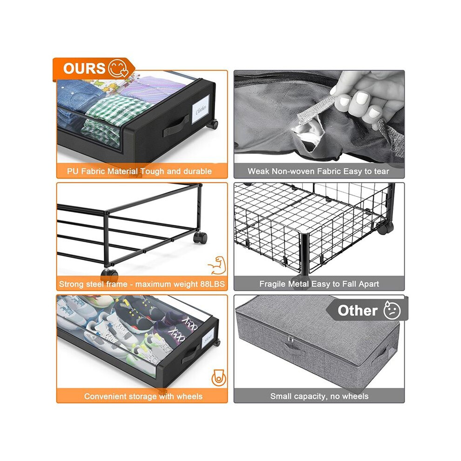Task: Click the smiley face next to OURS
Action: pos(118,68)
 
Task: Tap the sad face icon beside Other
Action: pos(392,310)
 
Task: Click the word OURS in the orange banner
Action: pos(84,68)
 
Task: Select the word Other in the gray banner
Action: pos(358,311)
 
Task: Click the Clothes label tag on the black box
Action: pos(201,109)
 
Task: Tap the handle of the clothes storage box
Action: pos(176,126)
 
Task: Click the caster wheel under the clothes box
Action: pos(212,124)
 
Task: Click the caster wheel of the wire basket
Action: pos(385,228)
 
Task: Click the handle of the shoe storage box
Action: pos(190,354)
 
